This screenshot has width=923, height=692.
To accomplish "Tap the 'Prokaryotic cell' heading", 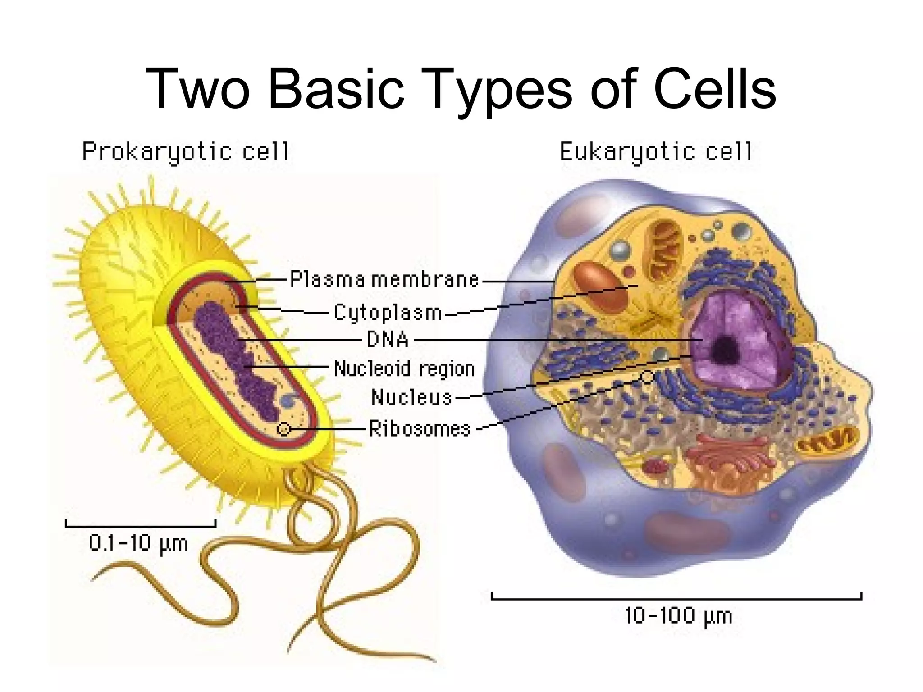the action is click(186, 152).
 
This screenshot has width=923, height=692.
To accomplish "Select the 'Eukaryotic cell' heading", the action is click(656, 152).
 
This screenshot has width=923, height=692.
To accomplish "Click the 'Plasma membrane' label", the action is click(384, 280).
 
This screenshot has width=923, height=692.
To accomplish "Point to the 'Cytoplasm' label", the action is click(388, 313).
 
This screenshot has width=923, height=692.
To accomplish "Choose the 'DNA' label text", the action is click(388, 339).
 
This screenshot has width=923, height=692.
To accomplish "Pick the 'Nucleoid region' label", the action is click(404, 369).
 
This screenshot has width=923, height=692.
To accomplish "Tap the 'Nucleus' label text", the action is click(411, 397).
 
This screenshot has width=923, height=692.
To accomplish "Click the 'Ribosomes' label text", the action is click(420, 428).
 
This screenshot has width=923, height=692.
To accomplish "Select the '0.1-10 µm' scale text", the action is click(138, 543).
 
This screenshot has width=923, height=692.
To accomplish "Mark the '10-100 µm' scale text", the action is click(678, 615).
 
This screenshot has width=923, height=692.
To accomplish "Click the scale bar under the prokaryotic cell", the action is click(141, 524).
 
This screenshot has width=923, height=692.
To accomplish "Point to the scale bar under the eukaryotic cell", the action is click(676, 598).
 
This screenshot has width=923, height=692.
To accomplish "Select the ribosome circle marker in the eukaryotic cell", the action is click(647, 377).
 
